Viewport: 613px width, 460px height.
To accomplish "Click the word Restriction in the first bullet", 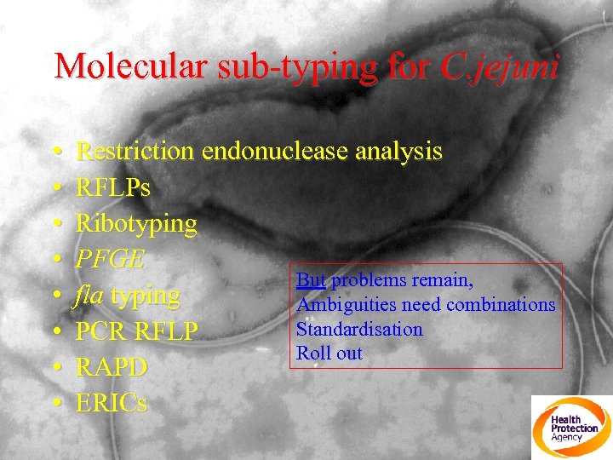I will click(x=136, y=152).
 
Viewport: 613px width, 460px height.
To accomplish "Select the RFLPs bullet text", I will click(x=113, y=187).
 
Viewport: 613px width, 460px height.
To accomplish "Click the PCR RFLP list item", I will click(x=136, y=331).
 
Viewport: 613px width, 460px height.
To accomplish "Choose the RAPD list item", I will click(x=112, y=367).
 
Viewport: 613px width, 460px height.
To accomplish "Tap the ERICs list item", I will click(x=112, y=403).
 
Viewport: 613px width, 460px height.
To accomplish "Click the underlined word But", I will click(x=311, y=280).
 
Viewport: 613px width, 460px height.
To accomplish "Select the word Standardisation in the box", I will click(x=359, y=329).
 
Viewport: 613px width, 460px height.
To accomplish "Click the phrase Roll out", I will click(x=329, y=353).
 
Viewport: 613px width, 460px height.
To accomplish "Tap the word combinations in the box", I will click(x=506, y=305).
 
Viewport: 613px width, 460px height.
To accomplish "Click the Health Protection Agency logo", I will click(x=571, y=428).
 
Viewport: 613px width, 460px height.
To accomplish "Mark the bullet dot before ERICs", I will click(x=56, y=404).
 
